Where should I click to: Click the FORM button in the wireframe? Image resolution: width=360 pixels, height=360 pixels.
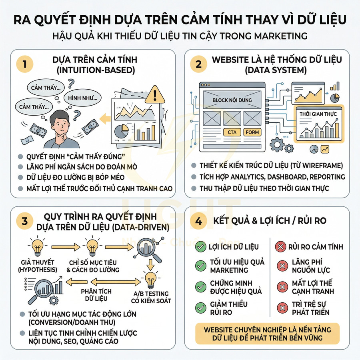click(252, 132)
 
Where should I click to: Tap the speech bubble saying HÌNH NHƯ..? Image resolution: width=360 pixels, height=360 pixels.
click(84, 98)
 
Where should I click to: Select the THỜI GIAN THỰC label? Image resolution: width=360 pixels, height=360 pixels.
click(318, 114)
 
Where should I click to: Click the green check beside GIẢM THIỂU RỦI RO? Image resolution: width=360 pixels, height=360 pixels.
click(200, 308)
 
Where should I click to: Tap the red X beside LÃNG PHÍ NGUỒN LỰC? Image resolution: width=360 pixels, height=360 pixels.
click(283, 266)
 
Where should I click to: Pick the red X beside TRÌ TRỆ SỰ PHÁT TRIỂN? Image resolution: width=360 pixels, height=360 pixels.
click(283, 308)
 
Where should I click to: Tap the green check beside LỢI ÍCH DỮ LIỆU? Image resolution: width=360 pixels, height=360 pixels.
click(200, 247)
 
